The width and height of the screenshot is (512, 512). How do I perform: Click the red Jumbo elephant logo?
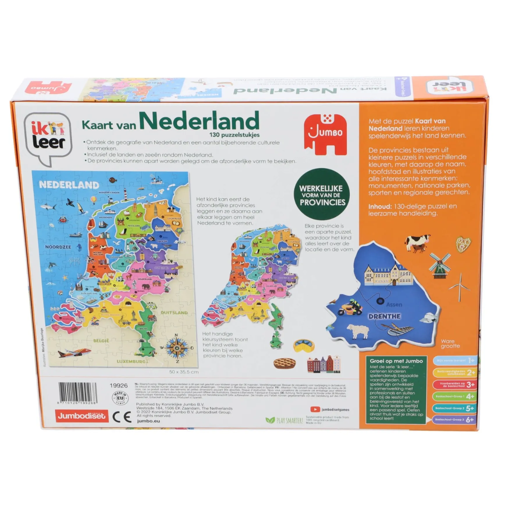[x=325, y=134]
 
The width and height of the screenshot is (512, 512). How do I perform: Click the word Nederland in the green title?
[x=199, y=121]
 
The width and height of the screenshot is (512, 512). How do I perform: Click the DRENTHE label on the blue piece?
[x=384, y=316]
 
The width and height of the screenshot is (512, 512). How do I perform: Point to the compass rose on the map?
[x=177, y=347]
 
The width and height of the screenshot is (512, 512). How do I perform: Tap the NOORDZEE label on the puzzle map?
[x=58, y=247]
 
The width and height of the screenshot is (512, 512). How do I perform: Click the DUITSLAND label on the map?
[x=174, y=312]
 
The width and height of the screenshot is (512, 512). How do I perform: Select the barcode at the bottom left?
[x=78, y=392]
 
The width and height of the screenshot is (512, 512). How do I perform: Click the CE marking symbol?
[x=122, y=417]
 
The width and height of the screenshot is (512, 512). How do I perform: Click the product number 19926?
[x=119, y=385]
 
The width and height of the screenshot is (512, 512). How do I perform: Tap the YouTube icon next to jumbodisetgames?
[x=315, y=409]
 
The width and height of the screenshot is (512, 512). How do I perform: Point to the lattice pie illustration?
[x=285, y=363]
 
